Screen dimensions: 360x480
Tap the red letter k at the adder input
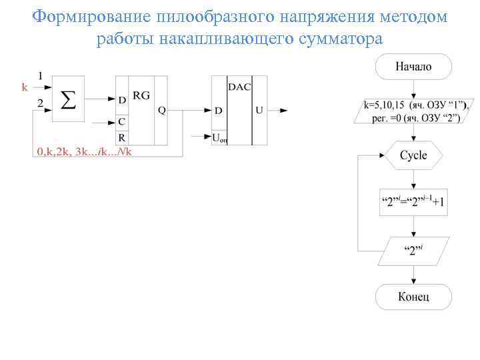tap(25, 87)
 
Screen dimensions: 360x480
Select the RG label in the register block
tap(141, 95)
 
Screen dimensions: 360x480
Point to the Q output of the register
tap(161, 111)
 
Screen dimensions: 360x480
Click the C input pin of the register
tap(121, 122)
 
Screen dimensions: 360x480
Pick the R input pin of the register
tap(121, 137)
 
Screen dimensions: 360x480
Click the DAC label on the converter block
tap(240, 87)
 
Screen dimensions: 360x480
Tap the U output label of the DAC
tap(259, 111)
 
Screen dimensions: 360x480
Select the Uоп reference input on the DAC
tap(219, 137)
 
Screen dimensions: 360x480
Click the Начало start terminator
tap(413, 67)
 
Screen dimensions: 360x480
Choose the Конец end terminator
tap(413, 297)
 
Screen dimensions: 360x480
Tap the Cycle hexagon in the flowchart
tap(413, 155)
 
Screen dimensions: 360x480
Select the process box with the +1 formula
tap(413, 202)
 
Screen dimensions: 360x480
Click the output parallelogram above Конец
tap(413, 251)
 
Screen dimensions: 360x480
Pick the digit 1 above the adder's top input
tap(41, 75)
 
